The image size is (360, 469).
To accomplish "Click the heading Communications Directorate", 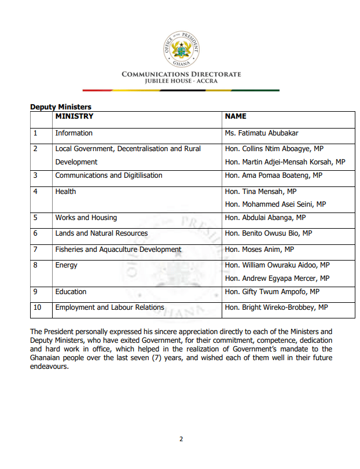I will [181, 74].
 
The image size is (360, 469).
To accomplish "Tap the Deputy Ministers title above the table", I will [61, 107].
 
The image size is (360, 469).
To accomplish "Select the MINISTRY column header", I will [74, 116].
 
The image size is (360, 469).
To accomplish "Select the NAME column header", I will [236, 116].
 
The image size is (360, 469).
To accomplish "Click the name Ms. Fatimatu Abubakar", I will [262, 133].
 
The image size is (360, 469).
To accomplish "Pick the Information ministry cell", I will [74, 133].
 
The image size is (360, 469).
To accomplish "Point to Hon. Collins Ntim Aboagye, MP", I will [274, 149].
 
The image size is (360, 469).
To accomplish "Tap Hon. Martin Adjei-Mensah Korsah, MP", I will [285, 162].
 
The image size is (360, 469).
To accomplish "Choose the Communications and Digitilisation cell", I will [109, 175].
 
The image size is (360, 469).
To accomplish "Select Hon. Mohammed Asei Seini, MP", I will [275, 204].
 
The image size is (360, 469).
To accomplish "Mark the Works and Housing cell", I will [86, 218].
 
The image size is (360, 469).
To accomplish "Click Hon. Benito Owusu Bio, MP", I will [268, 233].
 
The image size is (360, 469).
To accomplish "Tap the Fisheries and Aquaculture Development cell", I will [118, 250].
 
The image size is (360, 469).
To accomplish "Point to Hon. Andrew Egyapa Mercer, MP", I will [277, 279].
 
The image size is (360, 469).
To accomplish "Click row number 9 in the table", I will [35, 292].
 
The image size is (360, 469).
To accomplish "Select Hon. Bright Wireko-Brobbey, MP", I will [276, 307].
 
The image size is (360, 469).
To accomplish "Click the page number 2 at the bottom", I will [181, 439].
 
